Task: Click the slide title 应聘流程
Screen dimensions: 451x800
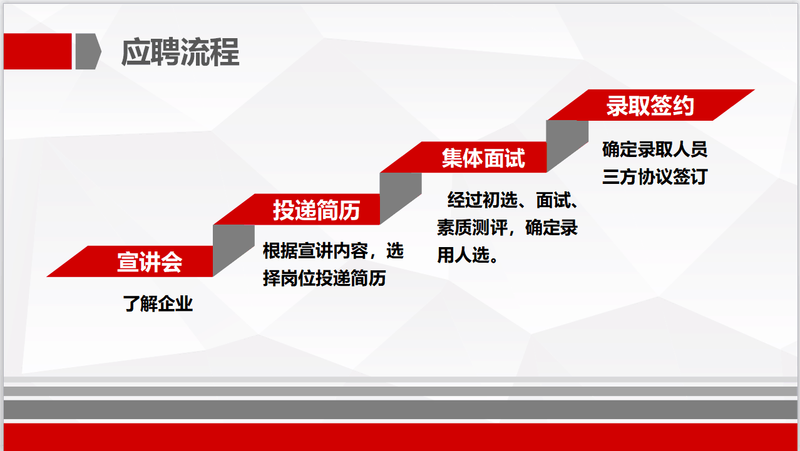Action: [x=180, y=53]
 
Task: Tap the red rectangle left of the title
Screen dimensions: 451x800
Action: [x=38, y=51]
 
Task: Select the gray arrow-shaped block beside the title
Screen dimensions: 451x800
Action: [x=87, y=51]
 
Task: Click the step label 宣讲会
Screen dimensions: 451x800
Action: [x=149, y=261]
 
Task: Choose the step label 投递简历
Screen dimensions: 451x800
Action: [x=316, y=210]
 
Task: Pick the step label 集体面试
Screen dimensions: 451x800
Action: [x=483, y=158]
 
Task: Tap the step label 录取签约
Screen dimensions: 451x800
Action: [x=650, y=106]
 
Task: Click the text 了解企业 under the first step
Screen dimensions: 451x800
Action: [x=158, y=304]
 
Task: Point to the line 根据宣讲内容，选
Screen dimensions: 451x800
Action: [x=333, y=251]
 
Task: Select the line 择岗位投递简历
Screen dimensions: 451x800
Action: [x=324, y=278]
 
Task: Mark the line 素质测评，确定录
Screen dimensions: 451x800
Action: [x=507, y=228]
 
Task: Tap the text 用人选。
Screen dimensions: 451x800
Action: [x=468, y=255]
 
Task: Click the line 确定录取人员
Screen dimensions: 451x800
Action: [x=654, y=149]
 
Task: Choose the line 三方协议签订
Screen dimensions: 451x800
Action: [x=654, y=177]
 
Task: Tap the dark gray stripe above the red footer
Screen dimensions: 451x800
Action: [x=400, y=410]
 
